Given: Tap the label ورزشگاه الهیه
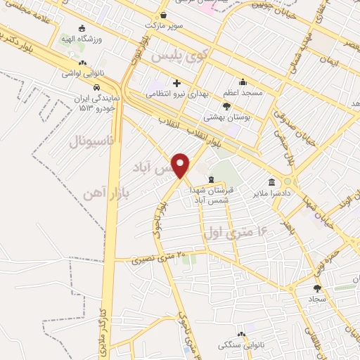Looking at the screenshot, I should pos(82,39).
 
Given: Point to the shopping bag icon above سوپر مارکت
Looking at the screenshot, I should pos(163,15).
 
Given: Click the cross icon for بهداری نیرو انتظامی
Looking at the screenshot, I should pos(176,84).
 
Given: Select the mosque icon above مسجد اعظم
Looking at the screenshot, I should pos(243,82).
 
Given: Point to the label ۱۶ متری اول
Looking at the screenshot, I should pos(235,230).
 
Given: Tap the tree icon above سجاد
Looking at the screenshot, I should pos(317,288).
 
